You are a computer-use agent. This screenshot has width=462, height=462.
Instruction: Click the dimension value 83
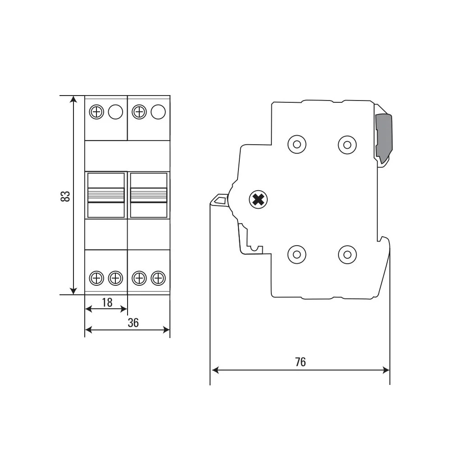pyautogui.click(x=65, y=196)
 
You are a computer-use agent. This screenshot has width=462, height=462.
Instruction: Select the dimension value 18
pyautogui.click(x=107, y=302)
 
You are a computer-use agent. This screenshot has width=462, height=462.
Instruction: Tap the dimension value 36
pyautogui.click(x=133, y=323)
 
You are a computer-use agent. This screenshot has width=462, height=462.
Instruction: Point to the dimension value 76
pyautogui.click(x=301, y=362)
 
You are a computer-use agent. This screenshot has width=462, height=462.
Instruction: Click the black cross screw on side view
pyautogui.click(x=258, y=200)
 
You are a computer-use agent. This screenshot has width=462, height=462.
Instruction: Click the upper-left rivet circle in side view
pyautogui.click(x=297, y=144)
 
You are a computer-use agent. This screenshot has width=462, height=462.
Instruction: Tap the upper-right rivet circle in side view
pyautogui.click(x=348, y=145)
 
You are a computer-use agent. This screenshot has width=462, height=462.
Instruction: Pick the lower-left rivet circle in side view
pyautogui.click(x=297, y=254)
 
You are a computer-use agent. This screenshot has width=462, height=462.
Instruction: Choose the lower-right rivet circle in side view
pyautogui.click(x=348, y=254)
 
